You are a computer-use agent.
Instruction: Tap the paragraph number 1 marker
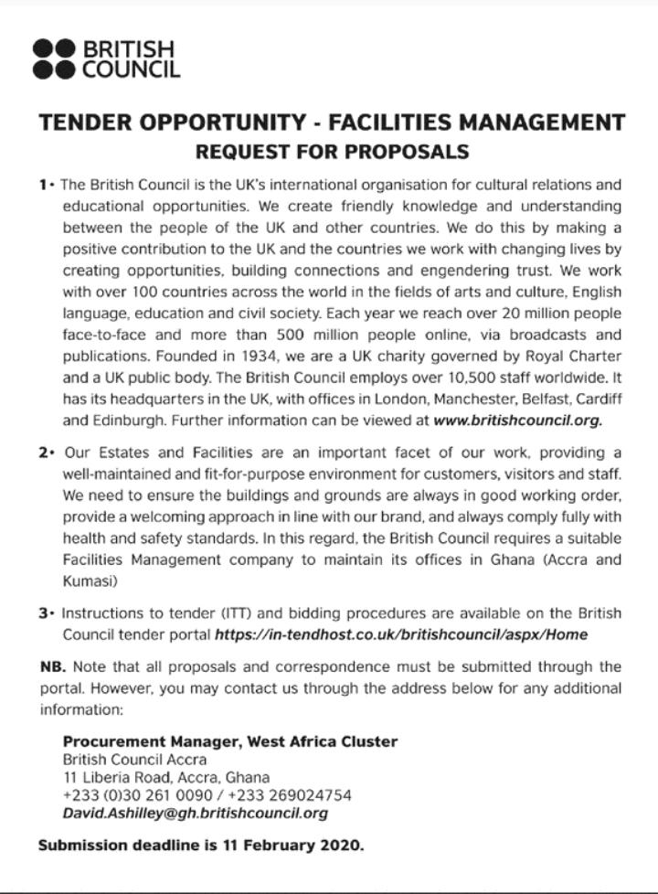tap(44, 184)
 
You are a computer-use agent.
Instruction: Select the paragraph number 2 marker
tap(44, 453)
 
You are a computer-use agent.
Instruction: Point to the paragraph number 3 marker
tap(44, 612)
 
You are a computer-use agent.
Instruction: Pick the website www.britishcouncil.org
tap(517, 422)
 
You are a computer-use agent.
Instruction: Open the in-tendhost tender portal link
tap(400, 634)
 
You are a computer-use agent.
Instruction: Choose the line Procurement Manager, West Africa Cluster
tap(230, 741)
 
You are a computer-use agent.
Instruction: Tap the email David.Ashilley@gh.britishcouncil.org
tap(195, 813)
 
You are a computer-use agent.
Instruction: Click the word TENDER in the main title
tap(83, 122)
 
